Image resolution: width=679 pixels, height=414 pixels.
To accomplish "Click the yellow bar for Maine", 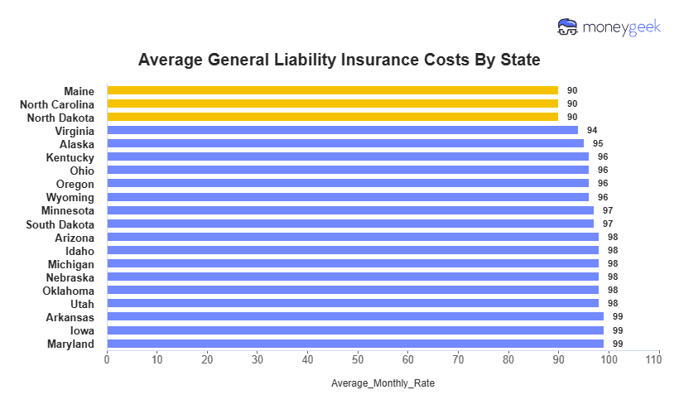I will (x=332, y=90).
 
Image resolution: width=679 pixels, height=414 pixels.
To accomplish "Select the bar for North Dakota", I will (x=332, y=117).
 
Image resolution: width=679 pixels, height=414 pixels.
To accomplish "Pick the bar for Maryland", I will (x=354, y=344).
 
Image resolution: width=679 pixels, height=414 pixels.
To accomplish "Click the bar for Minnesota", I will (x=349, y=210).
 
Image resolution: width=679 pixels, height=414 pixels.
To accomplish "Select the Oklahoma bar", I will (x=352, y=291).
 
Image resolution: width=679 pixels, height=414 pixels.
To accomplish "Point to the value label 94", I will (x=592, y=131).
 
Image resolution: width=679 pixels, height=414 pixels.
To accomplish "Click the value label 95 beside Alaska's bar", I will (x=597, y=144).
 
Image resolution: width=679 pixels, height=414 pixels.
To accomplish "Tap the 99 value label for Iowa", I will (x=617, y=330).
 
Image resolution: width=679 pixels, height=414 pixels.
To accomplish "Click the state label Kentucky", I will (x=70, y=157).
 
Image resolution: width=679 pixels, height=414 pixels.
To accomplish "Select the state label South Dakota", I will (x=60, y=224).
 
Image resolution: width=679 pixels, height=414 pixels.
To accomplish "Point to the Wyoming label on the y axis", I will (x=71, y=197).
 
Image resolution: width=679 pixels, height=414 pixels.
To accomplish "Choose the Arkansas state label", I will (x=70, y=317).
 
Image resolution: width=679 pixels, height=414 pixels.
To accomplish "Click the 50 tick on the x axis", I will (x=358, y=359).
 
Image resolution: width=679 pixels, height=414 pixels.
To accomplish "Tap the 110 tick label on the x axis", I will (x=659, y=359).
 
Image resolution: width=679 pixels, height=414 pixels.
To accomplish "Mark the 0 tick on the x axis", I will (x=107, y=359).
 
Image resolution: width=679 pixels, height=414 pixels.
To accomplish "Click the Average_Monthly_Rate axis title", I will (x=383, y=384).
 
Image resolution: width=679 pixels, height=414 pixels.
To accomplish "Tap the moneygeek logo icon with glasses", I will (x=568, y=27).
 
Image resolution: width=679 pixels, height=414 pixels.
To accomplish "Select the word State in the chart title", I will (x=519, y=60).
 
